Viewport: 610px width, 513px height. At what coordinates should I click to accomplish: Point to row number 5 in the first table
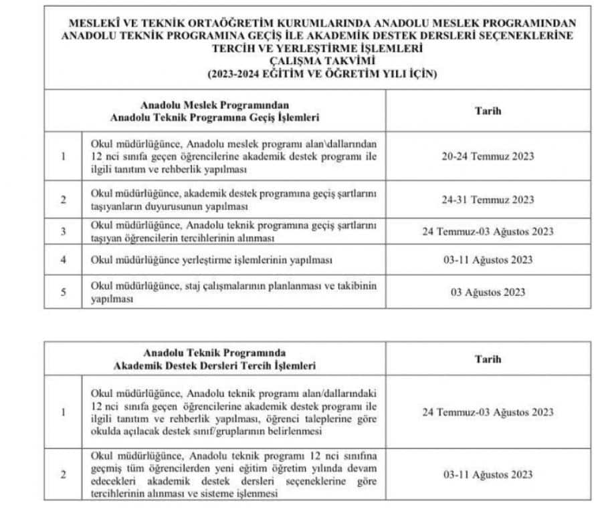pyautogui.click(x=63, y=292)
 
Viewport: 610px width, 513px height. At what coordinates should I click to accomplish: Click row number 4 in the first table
pyautogui.click(x=63, y=260)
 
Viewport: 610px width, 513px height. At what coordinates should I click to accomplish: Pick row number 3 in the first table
pyautogui.click(x=63, y=232)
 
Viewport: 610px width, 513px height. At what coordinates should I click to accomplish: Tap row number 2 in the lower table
pyautogui.click(x=63, y=474)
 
